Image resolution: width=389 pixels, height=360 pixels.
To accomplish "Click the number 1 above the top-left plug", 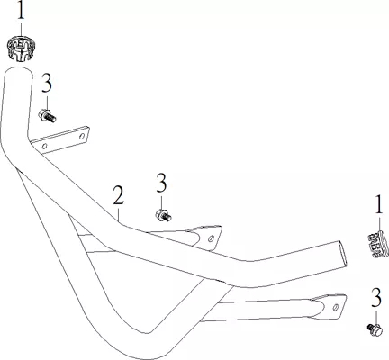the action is (x=21, y=12).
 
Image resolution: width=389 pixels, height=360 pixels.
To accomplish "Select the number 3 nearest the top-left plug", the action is (x=47, y=84).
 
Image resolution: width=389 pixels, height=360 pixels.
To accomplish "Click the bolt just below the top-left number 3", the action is (x=47, y=116).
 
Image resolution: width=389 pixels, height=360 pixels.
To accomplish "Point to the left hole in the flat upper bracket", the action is (x=45, y=147).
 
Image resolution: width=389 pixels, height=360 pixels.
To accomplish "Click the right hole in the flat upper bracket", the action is (x=82, y=137).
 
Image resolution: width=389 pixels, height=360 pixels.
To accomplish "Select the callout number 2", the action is (x=119, y=195).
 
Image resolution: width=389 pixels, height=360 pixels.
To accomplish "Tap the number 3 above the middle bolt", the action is (x=161, y=184).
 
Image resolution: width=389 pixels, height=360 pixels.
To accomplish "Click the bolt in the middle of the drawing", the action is (x=164, y=216).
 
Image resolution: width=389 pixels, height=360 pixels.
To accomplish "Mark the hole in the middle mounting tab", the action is (x=211, y=238).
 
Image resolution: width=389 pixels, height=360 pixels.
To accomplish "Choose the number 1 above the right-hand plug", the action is (x=379, y=204).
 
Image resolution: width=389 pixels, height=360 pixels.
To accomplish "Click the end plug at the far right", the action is (x=378, y=244).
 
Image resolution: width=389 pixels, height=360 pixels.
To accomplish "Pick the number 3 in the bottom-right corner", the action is (x=376, y=298).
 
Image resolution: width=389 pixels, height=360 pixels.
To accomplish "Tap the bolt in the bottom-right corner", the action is (x=375, y=329).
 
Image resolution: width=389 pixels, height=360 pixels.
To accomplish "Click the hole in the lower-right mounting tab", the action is (x=336, y=307).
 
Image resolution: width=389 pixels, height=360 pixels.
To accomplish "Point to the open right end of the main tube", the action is (x=342, y=255).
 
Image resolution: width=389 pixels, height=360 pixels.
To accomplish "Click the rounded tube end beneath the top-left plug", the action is (x=18, y=72).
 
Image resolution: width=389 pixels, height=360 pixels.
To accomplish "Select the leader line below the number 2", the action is (x=119, y=214).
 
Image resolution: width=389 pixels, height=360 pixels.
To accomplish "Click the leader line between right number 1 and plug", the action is (x=379, y=223).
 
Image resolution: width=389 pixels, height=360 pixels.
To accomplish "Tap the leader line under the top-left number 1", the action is (x=21, y=30).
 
